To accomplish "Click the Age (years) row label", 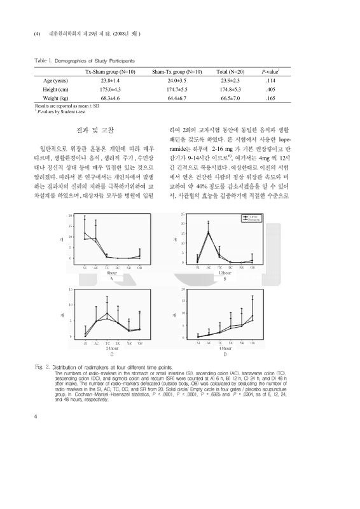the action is [x=55, y=81].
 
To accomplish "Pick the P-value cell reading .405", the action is [x=270, y=90].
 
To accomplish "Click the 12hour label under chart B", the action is [x=225, y=272].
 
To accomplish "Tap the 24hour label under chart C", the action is [x=111, y=348].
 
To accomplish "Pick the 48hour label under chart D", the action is [x=225, y=348].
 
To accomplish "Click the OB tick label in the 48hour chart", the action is [x=253, y=343].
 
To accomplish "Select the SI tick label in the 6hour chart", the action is [x=85, y=267].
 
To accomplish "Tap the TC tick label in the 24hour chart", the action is [x=107, y=343].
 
